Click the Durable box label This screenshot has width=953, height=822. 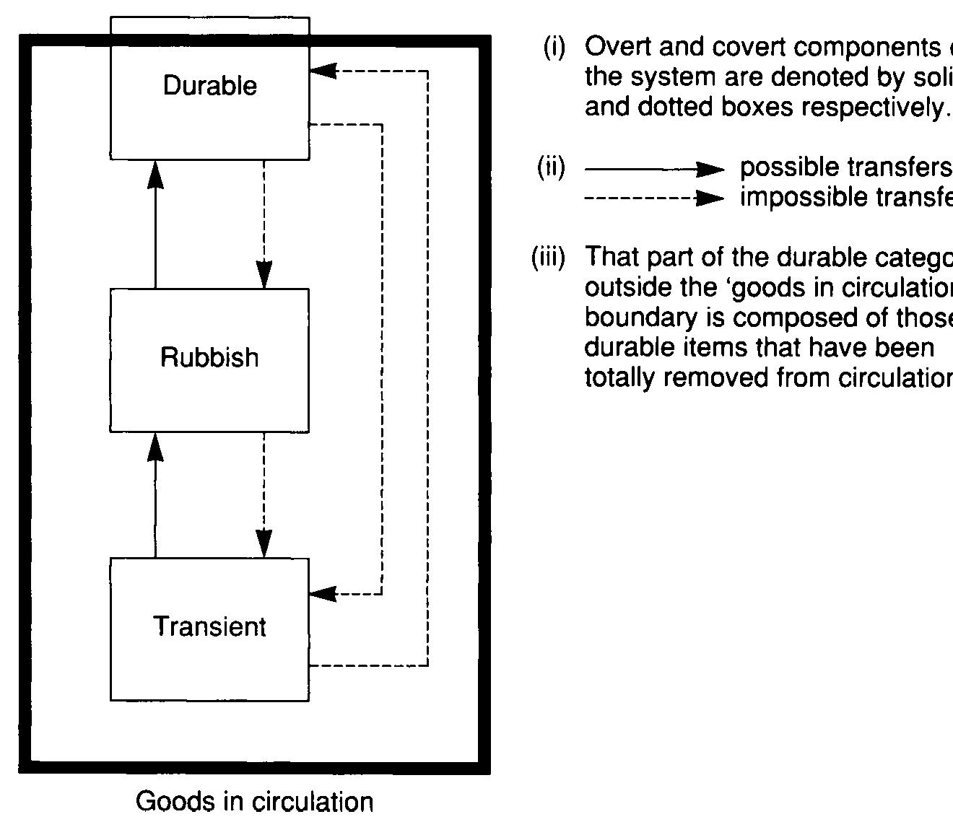(x=209, y=86)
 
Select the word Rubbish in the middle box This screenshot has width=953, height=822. (x=209, y=357)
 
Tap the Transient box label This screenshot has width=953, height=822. (x=209, y=626)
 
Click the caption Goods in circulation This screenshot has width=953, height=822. (x=254, y=802)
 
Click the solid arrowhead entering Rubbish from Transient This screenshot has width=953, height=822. (x=155, y=447)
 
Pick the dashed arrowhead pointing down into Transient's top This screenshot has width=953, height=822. (x=264, y=543)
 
